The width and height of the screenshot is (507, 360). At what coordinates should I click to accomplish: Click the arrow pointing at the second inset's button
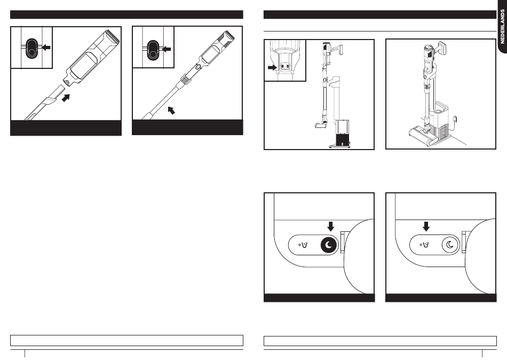point(168,49)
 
